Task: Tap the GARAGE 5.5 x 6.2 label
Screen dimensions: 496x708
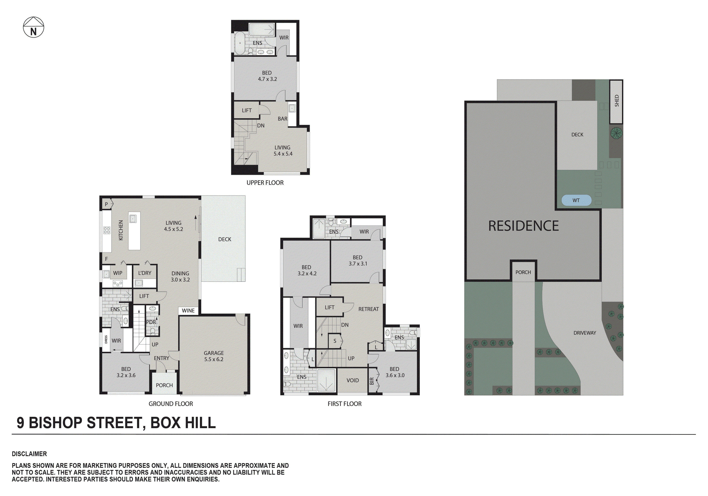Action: tap(213, 356)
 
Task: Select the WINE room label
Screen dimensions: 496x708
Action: tap(188, 311)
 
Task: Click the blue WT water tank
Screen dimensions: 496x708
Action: tap(576, 200)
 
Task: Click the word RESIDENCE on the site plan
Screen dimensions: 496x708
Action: tap(523, 226)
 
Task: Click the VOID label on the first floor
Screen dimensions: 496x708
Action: tap(353, 381)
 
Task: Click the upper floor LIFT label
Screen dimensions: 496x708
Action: tap(246, 110)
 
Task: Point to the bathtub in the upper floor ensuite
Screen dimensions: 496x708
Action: tap(240, 43)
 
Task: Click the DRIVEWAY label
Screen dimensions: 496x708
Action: tap(584, 333)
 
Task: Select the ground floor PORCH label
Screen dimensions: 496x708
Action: tap(164, 385)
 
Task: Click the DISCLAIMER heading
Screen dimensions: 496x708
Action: tap(29, 454)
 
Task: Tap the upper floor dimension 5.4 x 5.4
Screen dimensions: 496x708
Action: tap(283, 154)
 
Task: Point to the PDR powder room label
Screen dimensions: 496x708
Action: tap(151, 322)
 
